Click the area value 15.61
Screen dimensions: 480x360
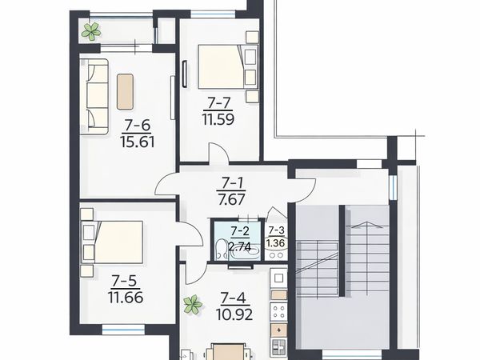click(x=138, y=142)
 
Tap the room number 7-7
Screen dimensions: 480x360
click(x=218, y=103)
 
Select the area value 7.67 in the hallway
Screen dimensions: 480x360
click(x=232, y=199)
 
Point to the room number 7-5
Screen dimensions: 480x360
click(x=126, y=281)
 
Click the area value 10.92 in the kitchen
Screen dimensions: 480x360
click(x=234, y=314)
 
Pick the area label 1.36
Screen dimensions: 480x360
click(x=275, y=243)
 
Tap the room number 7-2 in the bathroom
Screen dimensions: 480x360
click(x=240, y=230)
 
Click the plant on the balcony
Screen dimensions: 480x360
click(x=91, y=31)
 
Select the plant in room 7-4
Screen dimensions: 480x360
click(x=193, y=304)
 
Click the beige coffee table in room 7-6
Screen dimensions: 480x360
click(x=125, y=91)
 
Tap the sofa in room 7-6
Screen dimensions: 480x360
click(x=94, y=97)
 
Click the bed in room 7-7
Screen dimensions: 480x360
click(x=228, y=67)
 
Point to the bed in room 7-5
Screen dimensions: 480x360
click(x=112, y=242)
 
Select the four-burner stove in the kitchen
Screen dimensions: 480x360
click(x=279, y=311)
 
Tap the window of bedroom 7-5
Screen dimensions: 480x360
click(x=123, y=330)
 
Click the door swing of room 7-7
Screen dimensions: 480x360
click(x=218, y=152)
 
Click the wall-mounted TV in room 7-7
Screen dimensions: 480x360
click(x=184, y=74)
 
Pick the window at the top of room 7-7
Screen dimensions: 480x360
click(x=213, y=14)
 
